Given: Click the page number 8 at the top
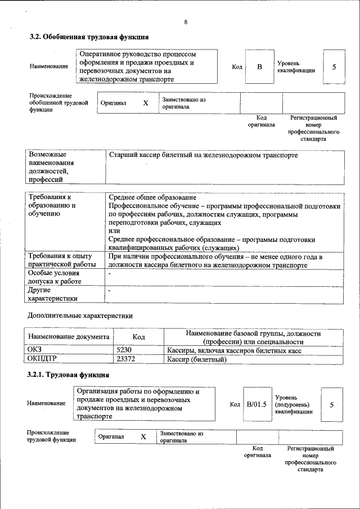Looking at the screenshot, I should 185,22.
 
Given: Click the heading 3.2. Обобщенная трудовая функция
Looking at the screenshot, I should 89,37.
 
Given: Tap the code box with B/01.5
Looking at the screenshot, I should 256,404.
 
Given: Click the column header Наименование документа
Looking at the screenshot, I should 68,337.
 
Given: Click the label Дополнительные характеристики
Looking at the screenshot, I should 79,316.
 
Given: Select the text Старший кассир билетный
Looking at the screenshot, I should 202,155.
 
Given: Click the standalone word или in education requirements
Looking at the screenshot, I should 114,231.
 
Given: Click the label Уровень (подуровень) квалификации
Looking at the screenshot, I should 294,404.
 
